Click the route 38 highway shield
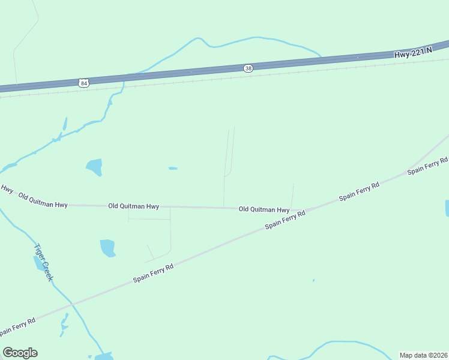(x=249, y=68)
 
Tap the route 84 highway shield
(x=83, y=83)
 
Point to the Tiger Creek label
(x=44, y=262)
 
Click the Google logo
(x=20, y=353)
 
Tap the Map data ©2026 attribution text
(x=423, y=355)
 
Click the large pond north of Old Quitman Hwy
(x=94, y=166)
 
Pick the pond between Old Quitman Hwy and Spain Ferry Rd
(x=107, y=247)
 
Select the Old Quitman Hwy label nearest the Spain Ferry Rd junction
(x=264, y=209)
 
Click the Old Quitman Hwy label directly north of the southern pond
(x=133, y=206)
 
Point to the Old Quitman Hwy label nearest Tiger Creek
(x=43, y=200)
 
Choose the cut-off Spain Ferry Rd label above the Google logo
(x=17, y=326)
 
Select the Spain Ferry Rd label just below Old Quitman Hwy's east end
(x=286, y=220)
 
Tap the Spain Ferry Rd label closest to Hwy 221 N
(x=427, y=166)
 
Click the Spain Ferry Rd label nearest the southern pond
(x=153, y=274)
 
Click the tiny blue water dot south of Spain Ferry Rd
(x=313, y=280)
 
